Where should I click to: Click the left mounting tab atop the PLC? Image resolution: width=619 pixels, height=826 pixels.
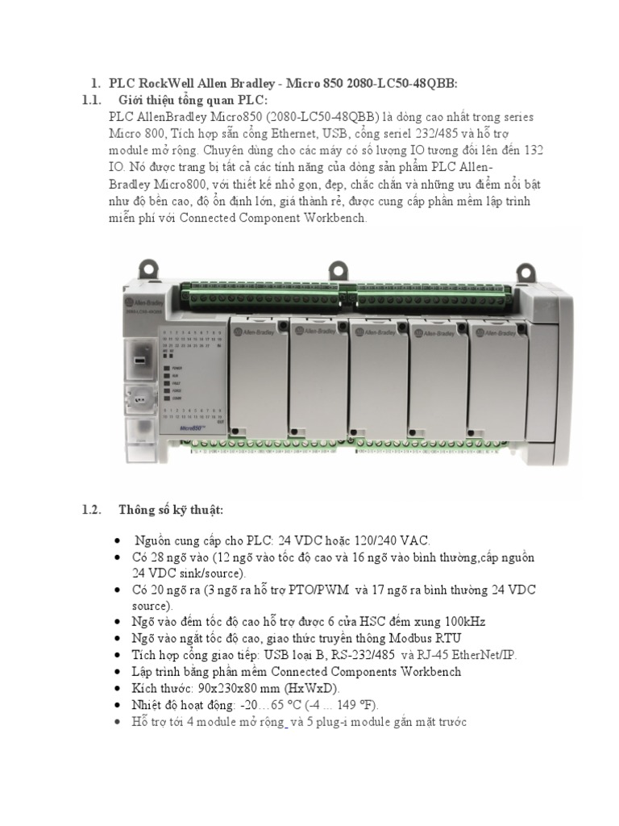148,266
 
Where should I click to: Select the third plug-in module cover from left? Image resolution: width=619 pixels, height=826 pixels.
377,379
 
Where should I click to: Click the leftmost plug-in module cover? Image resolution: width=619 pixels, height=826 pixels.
258,379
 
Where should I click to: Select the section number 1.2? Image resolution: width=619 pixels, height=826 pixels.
90,510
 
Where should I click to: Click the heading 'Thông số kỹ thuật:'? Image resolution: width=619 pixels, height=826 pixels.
170,510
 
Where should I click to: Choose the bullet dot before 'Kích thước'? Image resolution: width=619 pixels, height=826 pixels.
118,689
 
